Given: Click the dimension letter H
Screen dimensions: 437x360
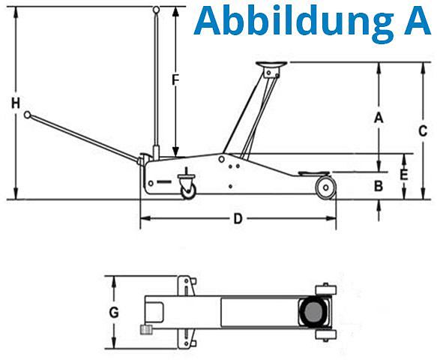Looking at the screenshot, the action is (16, 103).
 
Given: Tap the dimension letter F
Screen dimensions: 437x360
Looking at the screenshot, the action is (175, 80).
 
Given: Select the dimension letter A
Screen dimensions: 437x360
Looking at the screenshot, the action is (379, 118).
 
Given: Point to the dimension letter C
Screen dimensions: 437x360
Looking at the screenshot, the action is (423, 130).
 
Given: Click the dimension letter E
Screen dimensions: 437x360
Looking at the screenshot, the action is (404, 175).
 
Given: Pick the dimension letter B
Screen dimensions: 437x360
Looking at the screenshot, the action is (379, 186).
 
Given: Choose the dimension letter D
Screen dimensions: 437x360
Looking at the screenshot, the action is (238, 219).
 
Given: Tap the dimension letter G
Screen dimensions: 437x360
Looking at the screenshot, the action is (114, 312).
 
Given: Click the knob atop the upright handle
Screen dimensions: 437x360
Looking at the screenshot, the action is (157, 10).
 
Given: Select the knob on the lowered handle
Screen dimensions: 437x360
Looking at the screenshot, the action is (27, 115).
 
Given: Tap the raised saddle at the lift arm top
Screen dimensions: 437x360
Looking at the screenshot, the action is (271, 64).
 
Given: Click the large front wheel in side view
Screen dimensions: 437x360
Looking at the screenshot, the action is (325, 187).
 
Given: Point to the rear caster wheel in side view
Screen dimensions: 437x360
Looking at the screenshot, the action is (189, 190).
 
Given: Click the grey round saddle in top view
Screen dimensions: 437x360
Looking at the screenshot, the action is (314, 312).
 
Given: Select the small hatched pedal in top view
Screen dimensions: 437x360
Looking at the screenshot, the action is (146, 330).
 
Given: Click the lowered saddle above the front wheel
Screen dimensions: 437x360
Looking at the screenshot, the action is (313, 173).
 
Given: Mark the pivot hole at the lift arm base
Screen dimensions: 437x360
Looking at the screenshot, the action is (222, 159).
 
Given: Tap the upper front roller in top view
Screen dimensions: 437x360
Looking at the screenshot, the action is (326, 289).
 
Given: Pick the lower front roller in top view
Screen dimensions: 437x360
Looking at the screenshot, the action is (326, 335).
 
